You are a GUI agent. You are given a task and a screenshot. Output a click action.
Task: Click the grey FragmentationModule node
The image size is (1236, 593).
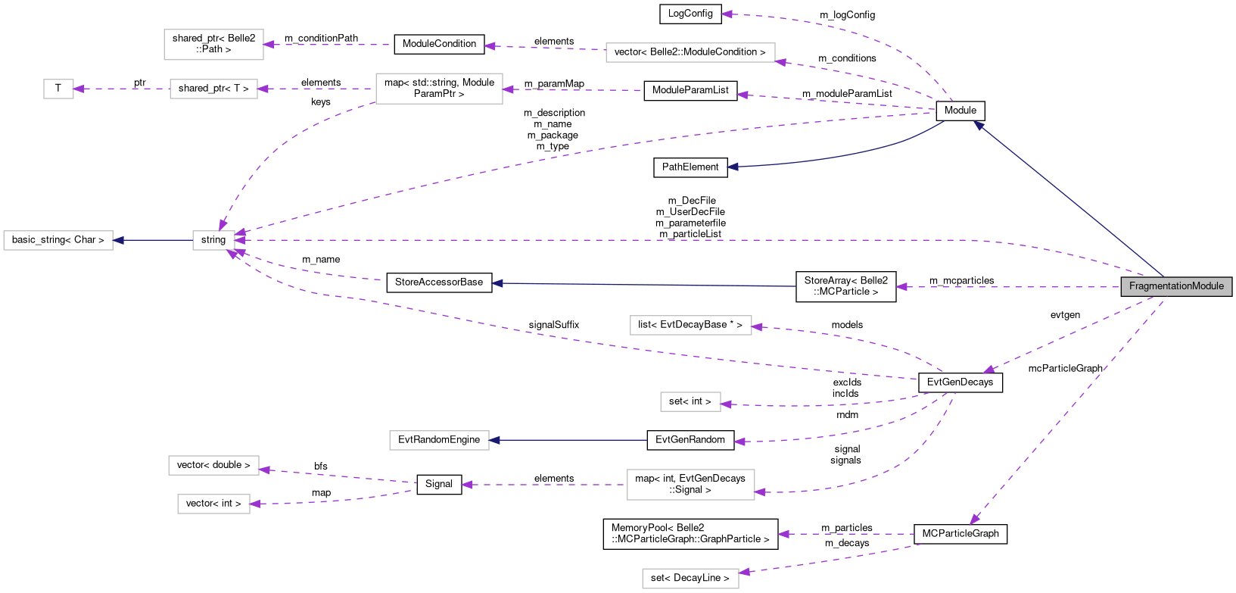(x=1176, y=286)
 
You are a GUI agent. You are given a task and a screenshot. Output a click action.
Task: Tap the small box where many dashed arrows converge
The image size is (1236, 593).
(x=213, y=240)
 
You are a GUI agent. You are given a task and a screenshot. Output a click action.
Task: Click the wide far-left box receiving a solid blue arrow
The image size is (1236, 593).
(x=58, y=240)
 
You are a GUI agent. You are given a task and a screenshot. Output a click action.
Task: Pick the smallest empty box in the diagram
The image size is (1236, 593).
(x=58, y=89)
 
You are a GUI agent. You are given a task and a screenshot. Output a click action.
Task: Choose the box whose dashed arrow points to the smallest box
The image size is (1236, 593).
(x=213, y=89)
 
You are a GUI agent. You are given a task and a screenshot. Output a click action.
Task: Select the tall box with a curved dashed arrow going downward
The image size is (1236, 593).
(x=439, y=89)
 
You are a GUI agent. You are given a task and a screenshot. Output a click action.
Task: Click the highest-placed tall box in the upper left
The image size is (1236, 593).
(x=213, y=45)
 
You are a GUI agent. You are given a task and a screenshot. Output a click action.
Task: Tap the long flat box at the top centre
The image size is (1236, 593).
(x=690, y=52)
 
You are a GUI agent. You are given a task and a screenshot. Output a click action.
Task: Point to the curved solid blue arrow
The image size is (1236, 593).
(x=833, y=156)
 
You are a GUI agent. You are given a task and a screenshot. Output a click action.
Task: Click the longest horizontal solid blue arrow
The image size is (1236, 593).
(x=643, y=285)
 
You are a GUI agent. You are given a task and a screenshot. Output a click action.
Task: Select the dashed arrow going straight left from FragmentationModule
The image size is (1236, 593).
(x=1007, y=287)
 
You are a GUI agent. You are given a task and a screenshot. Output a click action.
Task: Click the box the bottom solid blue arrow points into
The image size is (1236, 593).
(x=439, y=440)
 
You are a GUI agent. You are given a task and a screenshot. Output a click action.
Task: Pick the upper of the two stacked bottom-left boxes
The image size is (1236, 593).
(x=213, y=465)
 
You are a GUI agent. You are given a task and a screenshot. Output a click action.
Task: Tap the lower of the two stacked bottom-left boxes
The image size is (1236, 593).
(x=213, y=504)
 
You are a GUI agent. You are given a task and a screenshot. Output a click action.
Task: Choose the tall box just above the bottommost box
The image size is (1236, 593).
(x=690, y=485)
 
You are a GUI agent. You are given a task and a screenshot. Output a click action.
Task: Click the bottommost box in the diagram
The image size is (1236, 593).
(x=690, y=579)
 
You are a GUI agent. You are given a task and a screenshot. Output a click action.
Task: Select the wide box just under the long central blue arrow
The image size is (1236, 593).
(x=690, y=325)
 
